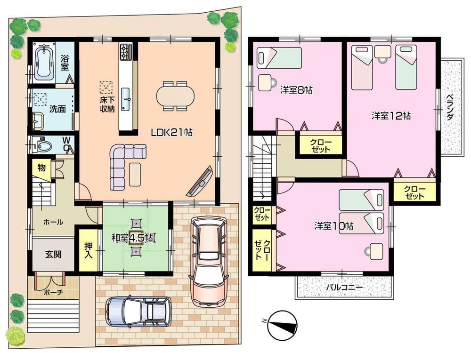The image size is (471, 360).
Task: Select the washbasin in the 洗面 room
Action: (38, 121)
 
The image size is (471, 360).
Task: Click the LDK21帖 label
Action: (171, 133)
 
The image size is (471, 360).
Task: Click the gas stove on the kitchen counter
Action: (126, 52)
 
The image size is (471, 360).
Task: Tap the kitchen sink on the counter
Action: (126, 99)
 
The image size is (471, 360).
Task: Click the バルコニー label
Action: (343, 288)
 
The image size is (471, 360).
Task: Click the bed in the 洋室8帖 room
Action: (279, 57)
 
